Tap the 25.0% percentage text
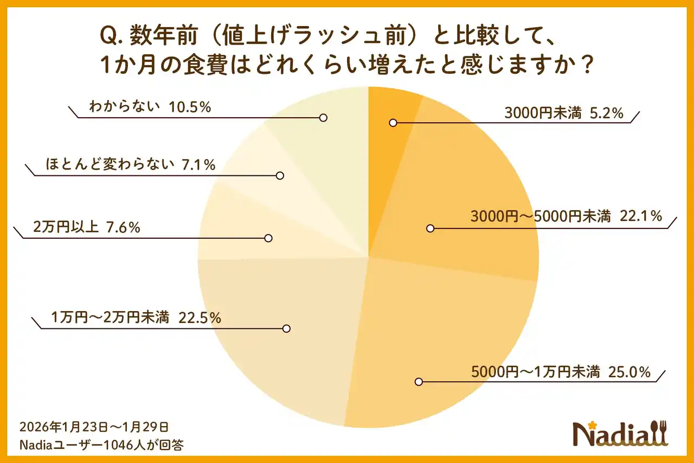(x=629, y=372)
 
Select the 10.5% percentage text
(x=190, y=107)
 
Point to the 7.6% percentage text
(x=123, y=227)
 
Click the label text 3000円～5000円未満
(x=541, y=216)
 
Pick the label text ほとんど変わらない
(x=110, y=164)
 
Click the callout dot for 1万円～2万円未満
(x=287, y=328)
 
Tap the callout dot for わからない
(x=323, y=118)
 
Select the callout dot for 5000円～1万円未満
(x=419, y=382)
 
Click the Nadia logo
(x=620, y=434)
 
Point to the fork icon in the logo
(x=663, y=433)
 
